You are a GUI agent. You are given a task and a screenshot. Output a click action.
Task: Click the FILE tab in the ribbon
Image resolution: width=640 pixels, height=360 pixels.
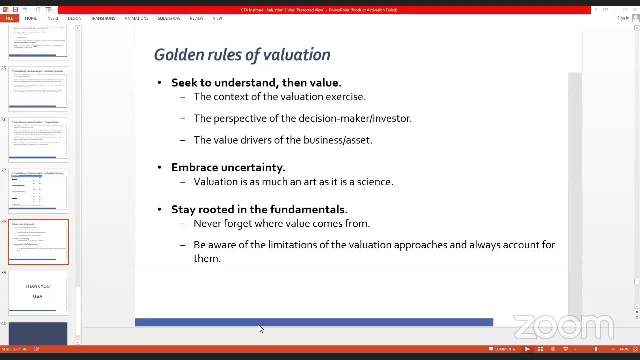point(9,18)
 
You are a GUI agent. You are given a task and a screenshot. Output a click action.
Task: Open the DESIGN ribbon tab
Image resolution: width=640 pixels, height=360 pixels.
point(75,18)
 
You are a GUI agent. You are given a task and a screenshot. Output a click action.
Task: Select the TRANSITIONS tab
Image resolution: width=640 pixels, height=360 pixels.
point(103,18)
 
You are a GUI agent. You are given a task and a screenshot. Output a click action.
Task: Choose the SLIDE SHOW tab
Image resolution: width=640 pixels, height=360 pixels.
point(169,18)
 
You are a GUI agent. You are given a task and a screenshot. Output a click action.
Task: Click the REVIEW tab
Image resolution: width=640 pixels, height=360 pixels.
point(196,18)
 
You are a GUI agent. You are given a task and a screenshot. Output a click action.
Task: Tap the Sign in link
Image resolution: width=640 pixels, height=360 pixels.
point(623,18)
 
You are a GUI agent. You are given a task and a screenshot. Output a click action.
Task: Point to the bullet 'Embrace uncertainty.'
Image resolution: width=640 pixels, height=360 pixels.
point(228,168)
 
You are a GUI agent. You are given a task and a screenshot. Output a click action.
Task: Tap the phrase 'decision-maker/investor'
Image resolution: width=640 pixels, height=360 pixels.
point(355,118)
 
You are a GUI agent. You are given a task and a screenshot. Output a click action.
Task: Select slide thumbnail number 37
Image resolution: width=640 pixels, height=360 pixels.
point(38,191)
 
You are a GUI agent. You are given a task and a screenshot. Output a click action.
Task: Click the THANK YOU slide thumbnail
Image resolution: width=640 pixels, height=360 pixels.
point(38,292)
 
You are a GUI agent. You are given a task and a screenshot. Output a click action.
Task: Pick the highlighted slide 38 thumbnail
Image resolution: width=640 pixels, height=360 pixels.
point(38,242)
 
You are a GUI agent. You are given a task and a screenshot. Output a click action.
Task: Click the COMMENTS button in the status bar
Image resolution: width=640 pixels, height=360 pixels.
point(502,349)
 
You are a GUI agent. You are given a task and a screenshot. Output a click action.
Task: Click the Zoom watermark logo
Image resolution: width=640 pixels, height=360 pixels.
point(563,327)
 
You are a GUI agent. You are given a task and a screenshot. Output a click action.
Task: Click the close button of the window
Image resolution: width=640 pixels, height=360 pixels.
point(634,10)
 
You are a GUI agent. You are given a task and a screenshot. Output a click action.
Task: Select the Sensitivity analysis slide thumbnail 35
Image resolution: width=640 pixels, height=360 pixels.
point(38,88)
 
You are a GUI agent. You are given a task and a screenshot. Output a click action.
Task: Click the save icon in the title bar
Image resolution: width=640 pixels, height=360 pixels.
point(15,10)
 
